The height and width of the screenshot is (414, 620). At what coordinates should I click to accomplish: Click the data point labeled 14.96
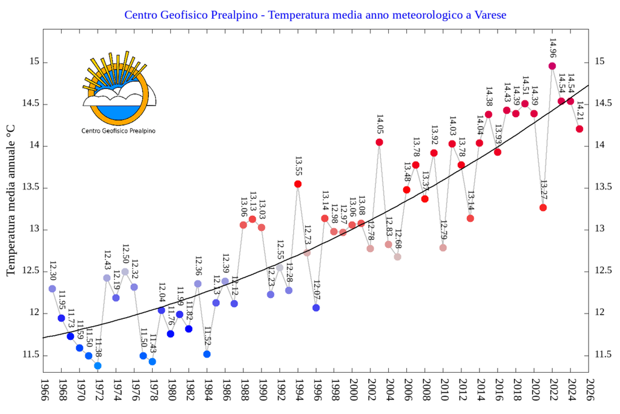click(552, 66)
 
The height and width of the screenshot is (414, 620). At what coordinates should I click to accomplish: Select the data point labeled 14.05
click(380, 142)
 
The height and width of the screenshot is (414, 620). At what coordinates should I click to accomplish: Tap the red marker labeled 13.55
click(298, 184)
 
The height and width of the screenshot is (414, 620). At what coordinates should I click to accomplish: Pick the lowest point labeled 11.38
click(97, 366)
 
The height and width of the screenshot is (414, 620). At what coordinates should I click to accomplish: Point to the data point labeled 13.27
click(543, 208)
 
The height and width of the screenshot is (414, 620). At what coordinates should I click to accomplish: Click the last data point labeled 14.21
click(579, 129)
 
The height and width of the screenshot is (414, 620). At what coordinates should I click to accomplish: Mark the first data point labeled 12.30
click(52, 289)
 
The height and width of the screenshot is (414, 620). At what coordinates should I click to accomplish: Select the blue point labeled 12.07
click(316, 308)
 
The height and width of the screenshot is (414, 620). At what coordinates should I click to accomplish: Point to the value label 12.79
click(443, 231)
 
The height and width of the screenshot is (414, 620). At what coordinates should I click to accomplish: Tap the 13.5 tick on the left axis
click(30, 187)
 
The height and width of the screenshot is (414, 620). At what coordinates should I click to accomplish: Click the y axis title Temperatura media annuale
click(11, 200)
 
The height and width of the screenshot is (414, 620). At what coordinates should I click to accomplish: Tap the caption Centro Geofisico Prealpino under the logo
click(117, 130)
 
